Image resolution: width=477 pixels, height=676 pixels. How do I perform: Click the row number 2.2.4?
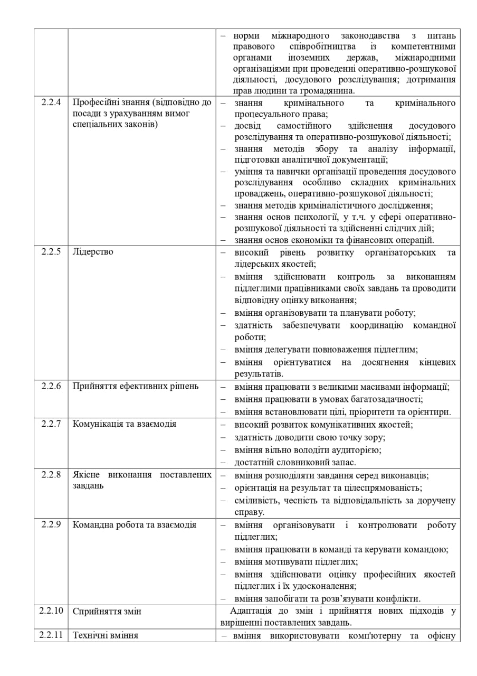tap(51, 102)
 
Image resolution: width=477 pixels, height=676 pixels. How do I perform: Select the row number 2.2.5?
tap(51, 252)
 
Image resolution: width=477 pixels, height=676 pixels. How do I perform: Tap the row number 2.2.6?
tap(51, 386)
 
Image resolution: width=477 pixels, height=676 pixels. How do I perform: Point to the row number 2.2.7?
tap(51, 424)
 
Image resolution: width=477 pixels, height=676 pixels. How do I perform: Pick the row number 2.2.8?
tap(51, 475)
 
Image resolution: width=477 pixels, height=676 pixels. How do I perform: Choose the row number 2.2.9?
tap(51, 525)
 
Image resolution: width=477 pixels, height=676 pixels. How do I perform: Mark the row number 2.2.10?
tap(51, 611)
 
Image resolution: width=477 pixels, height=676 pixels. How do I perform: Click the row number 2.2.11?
tap(51, 635)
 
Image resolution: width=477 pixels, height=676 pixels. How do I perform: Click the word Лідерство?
tap(92, 252)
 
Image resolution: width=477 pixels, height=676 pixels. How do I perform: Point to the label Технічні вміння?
tap(105, 635)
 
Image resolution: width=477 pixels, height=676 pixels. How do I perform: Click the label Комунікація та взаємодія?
tap(124, 424)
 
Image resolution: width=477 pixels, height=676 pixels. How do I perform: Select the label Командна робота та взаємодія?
tap(134, 525)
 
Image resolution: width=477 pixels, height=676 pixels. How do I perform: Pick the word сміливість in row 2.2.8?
tap(254, 501)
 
